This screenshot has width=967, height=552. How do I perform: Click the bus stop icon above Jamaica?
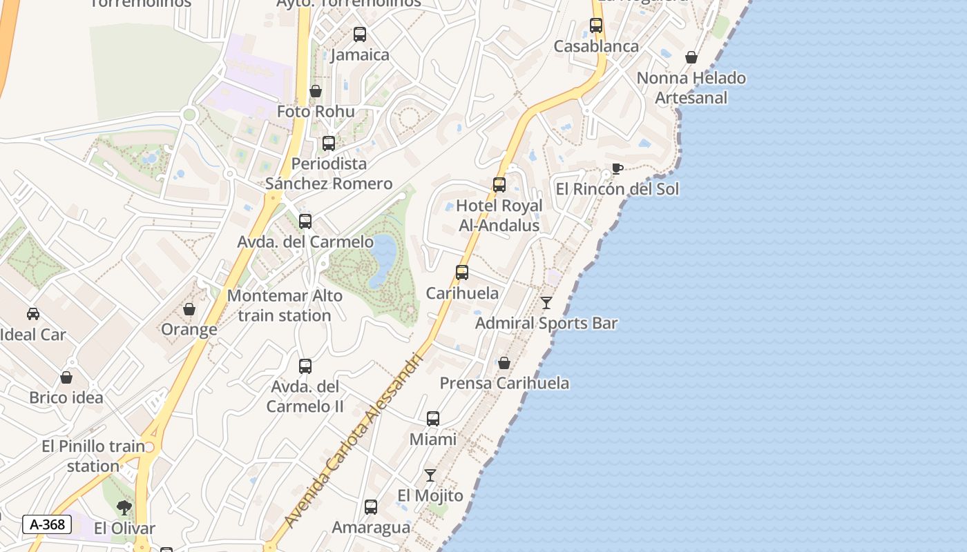(359, 34)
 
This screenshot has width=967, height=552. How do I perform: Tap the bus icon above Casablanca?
(596, 26)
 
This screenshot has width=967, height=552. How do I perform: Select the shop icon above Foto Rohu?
(316, 91)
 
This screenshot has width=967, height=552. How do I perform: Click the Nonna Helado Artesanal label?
(691, 88)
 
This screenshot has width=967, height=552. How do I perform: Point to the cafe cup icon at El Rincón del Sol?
(617, 169)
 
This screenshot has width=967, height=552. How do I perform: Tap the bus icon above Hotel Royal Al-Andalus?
(499, 185)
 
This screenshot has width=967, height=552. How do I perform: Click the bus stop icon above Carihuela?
(462, 273)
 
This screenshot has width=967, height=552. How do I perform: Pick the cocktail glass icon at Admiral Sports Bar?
(546, 302)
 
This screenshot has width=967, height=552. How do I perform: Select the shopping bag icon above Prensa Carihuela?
(504, 363)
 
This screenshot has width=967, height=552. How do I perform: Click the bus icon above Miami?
(433, 419)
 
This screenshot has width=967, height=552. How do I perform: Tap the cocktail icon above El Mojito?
(430, 475)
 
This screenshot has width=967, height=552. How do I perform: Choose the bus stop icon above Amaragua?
(371, 507)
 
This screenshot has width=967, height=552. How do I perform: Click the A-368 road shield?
(48, 524)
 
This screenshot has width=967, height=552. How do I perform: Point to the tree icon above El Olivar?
(124, 509)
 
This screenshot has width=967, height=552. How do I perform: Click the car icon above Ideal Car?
(33, 314)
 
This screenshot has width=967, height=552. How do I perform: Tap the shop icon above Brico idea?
(66, 377)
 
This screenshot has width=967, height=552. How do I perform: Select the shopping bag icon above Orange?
(189, 309)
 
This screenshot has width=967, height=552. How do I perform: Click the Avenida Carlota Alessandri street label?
(352, 442)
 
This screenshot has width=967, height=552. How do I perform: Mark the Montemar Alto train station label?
(285, 306)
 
